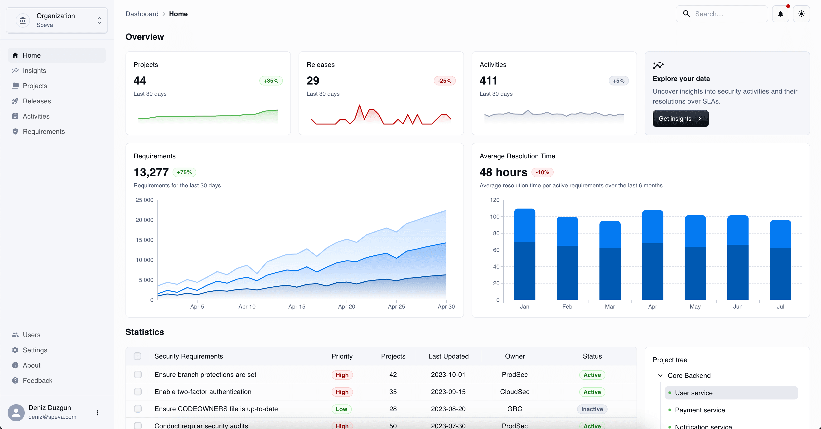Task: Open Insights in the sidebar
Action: click(34, 70)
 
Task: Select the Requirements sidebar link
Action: click(44, 131)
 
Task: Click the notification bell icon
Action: click(780, 14)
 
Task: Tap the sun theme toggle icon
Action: click(801, 14)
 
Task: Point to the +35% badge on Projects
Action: click(270, 81)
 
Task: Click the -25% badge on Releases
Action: click(444, 81)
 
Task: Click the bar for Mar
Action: click(610, 260)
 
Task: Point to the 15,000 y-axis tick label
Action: click(144, 240)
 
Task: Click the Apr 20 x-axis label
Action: click(346, 306)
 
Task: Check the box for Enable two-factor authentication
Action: click(138, 392)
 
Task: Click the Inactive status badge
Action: click(592, 409)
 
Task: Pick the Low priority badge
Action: click(341, 409)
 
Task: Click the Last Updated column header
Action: click(448, 356)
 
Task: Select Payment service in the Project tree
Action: click(700, 410)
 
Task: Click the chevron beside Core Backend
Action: click(660, 375)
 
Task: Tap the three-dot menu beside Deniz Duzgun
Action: click(97, 412)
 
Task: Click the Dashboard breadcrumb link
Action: click(142, 14)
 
